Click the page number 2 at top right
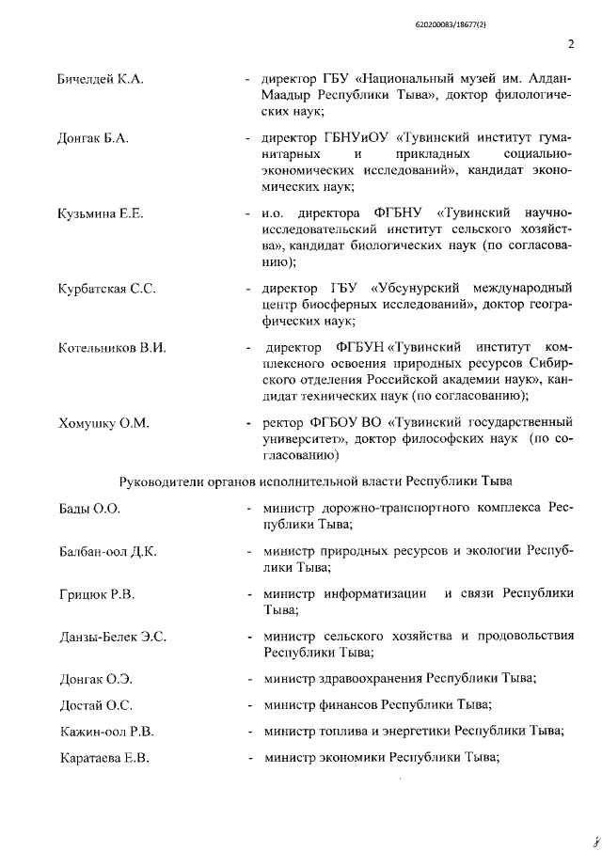(x=571, y=43)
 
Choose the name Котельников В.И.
(x=111, y=348)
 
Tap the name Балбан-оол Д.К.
(x=107, y=551)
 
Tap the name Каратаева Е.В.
(x=103, y=757)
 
